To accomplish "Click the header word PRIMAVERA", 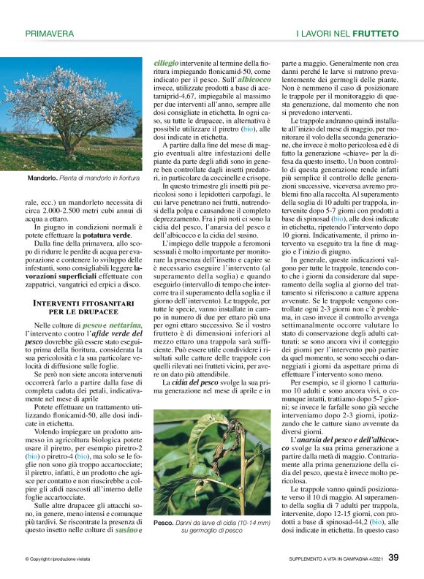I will pos(50,34).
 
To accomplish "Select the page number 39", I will pos(393,558).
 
